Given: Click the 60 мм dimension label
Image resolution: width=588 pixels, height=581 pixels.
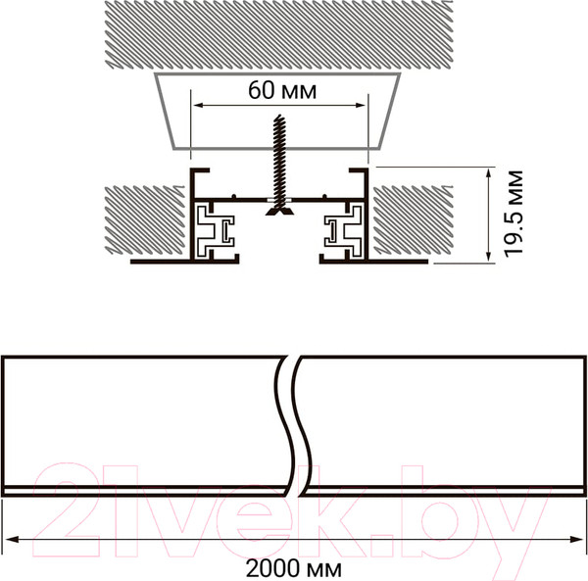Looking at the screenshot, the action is (x=282, y=90).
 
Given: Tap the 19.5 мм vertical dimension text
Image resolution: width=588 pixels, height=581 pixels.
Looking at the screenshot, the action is (x=513, y=214).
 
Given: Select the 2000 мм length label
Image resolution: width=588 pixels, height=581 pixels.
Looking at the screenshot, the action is (x=294, y=569).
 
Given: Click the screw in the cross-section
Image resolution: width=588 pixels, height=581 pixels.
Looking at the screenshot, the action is (x=279, y=165).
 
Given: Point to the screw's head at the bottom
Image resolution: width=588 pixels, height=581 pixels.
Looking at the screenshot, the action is (x=279, y=211).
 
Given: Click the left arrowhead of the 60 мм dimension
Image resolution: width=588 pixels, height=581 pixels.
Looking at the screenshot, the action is (x=198, y=106).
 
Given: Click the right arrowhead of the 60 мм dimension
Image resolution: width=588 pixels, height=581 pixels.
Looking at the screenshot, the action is (x=361, y=106).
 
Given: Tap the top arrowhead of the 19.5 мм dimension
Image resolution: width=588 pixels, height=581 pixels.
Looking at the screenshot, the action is (x=488, y=174).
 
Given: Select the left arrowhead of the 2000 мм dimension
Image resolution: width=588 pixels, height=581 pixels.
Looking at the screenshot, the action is (x=11, y=540).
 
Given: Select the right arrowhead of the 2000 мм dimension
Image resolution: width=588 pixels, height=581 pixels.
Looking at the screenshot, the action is (x=577, y=540).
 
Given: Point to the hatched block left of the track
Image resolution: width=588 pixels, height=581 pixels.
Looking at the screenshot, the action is (x=145, y=219).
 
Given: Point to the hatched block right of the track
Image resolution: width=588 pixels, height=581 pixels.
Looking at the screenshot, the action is (x=413, y=219).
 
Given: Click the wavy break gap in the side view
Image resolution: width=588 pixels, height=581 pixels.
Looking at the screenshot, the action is (x=295, y=426).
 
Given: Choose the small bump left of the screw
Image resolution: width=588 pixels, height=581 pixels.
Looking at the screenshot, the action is (x=233, y=196).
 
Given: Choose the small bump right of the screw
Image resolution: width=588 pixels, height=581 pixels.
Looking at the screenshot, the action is (x=325, y=196).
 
